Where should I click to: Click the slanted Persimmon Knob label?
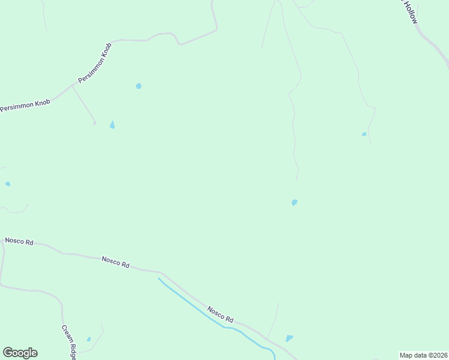(95, 62)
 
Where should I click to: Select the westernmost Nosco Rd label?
(19, 241)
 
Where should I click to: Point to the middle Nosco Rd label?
(116, 262)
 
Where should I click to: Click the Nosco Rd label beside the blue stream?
(220, 314)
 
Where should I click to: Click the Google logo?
(20, 353)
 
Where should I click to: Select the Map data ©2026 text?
(424, 355)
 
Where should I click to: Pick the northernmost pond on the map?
(139, 86)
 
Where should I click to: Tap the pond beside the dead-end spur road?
(112, 125)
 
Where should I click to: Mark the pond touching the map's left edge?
(7, 184)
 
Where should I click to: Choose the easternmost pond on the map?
(364, 134)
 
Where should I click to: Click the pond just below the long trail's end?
(294, 202)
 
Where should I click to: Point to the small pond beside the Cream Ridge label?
(89, 340)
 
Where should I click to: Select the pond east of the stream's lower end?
(289, 338)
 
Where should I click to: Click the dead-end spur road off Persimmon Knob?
(84, 105)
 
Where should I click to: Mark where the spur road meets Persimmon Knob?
(72, 86)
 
